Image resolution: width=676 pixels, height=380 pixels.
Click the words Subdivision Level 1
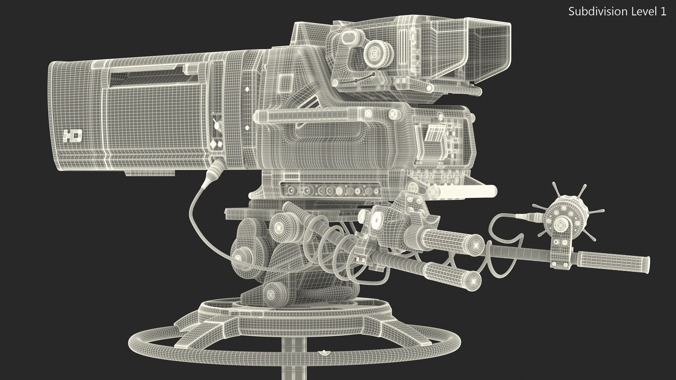[x=617, y=12]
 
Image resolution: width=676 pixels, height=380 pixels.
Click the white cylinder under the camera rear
[x=461, y=191]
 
